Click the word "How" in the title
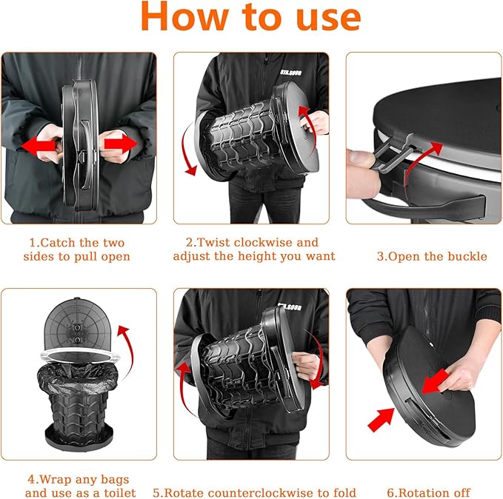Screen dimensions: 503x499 point(184,16)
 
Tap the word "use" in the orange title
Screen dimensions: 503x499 point(328,19)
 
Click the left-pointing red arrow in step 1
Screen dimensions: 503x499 point(39,146)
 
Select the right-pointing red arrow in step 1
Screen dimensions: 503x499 point(121,144)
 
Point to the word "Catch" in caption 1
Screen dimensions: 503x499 point(59,243)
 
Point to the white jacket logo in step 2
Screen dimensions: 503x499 point(290,73)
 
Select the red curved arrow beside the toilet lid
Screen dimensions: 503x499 point(127,348)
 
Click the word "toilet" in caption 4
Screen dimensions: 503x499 point(119,492)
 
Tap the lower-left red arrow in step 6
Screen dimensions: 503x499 point(382,419)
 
